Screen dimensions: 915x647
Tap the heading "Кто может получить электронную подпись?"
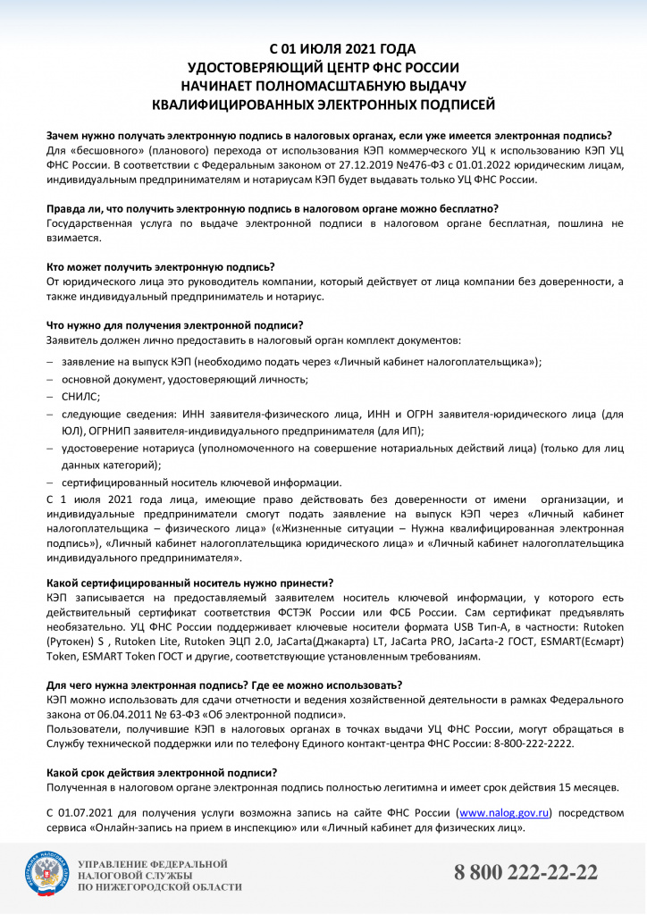point(160,267)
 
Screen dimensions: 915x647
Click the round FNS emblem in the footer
point(45,875)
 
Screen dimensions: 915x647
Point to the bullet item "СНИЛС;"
point(80,396)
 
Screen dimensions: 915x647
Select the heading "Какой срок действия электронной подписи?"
point(161,772)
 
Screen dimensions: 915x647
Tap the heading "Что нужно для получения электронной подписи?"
point(174,325)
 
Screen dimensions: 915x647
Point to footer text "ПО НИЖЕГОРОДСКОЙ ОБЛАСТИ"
point(160,887)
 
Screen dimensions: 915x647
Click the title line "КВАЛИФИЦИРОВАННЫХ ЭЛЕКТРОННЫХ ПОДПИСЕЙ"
point(323,105)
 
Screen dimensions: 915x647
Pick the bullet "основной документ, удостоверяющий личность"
point(185,379)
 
